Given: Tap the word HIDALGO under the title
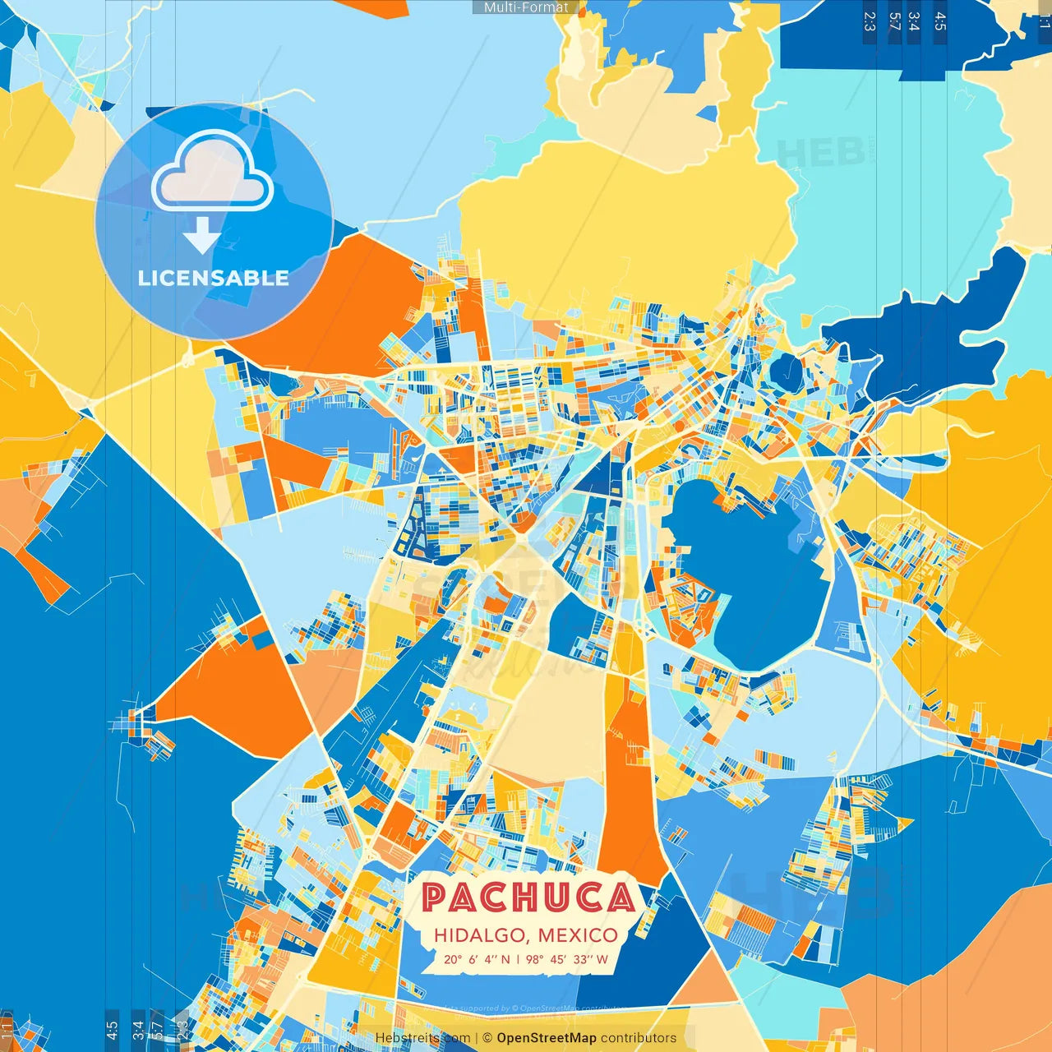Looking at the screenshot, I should pyautogui.click(x=482, y=935).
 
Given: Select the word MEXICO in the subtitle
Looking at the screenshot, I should pyautogui.click(x=578, y=935).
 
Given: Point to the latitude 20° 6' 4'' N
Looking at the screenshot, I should pyautogui.click(x=477, y=959).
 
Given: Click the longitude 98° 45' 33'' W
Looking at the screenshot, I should pyautogui.click(x=567, y=959).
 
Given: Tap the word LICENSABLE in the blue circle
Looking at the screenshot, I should pyautogui.click(x=214, y=278).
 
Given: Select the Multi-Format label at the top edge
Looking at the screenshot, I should pyautogui.click(x=526, y=7).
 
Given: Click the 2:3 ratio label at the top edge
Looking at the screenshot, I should pyautogui.click(x=870, y=21).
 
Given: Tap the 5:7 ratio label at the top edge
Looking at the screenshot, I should pyautogui.click(x=894, y=21).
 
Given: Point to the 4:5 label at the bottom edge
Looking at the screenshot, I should pyautogui.click(x=112, y=1028).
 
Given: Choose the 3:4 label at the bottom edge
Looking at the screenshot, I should pyautogui.click(x=137, y=1028).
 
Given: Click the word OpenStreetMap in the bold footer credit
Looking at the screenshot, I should pyautogui.click(x=547, y=1038).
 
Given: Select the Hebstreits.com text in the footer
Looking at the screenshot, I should pyautogui.click(x=422, y=1038).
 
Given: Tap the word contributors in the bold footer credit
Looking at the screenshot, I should pyautogui.click(x=639, y=1038).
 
